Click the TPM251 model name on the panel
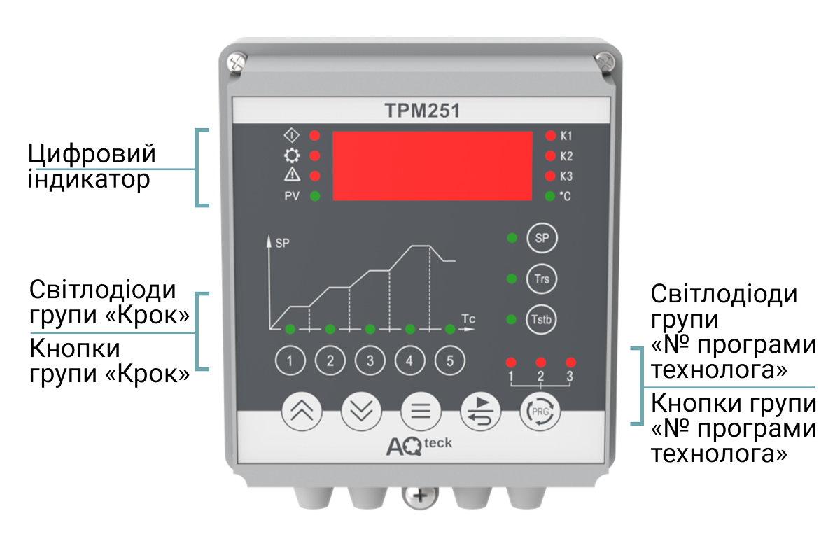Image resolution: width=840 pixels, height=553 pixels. point(422,111)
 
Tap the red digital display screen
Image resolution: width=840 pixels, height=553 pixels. point(433,166)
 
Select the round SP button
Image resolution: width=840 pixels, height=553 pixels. point(542,238)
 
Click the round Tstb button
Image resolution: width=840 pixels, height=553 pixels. point(541,319)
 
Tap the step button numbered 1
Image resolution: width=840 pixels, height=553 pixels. point(290,360)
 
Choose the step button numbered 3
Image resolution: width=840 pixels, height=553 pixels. point(370,360)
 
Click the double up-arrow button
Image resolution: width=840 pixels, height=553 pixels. point(302,412)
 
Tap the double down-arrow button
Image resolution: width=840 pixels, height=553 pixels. point(361,412)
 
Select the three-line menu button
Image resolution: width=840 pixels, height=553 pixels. point(421,412)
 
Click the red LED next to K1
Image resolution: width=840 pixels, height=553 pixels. point(550,136)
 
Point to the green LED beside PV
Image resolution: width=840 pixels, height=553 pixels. point(315,196)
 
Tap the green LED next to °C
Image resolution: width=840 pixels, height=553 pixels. point(549,196)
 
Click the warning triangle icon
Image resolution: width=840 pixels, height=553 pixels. point(292,174)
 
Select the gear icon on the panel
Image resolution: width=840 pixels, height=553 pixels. point(292,155)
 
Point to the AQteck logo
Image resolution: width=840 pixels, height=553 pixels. point(419,446)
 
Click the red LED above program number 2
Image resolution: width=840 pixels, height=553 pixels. point(540,362)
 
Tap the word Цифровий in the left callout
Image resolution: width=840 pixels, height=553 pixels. point(92,154)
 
